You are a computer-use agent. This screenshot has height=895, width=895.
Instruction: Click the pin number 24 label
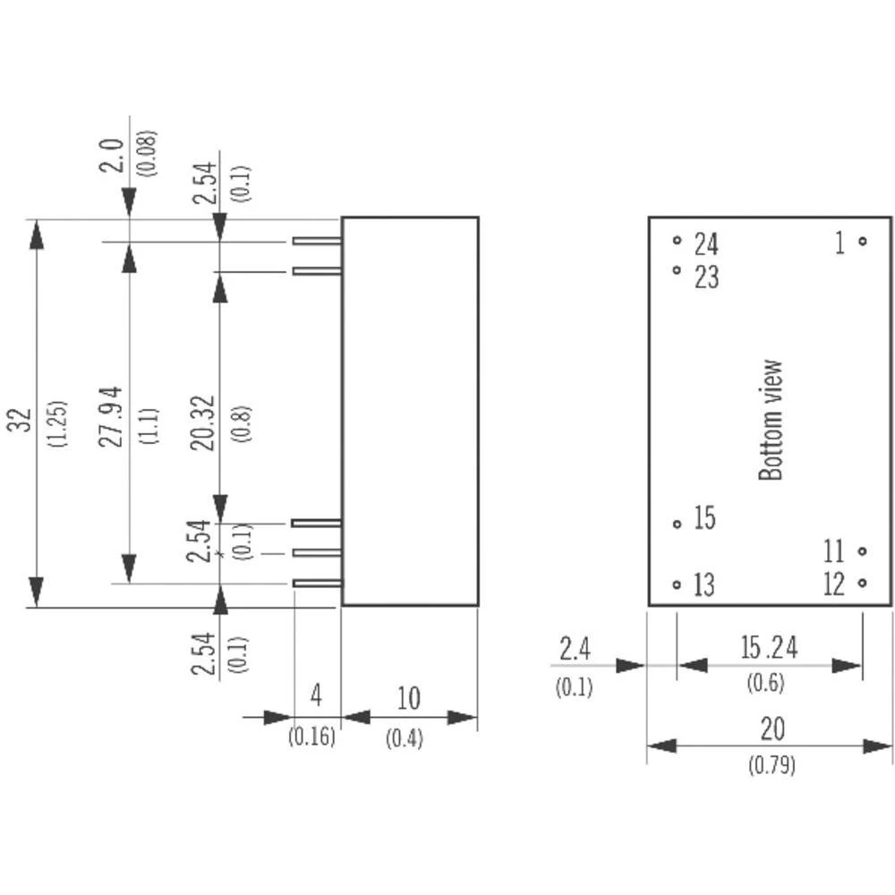point(706,243)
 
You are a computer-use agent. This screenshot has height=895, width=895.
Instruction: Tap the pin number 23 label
point(706,277)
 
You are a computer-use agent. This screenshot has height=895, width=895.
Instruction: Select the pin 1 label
point(840,242)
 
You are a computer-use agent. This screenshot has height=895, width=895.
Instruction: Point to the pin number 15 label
point(705,518)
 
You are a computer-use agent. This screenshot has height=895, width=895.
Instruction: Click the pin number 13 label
point(704,585)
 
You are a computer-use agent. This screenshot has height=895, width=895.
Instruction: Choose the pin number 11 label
point(834,550)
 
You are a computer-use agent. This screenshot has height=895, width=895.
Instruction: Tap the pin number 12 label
point(834,584)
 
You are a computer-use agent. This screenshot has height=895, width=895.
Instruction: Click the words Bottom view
point(771,420)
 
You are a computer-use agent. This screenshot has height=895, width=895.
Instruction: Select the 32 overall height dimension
point(23,421)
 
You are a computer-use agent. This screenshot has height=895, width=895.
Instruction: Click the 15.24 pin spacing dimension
point(768,647)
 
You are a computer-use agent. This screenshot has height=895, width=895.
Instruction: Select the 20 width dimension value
point(771,729)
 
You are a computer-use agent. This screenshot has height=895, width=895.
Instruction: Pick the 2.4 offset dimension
point(574,649)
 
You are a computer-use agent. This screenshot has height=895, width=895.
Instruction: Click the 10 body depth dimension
point(408,699)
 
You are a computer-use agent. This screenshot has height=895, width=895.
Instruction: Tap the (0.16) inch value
point(311,737)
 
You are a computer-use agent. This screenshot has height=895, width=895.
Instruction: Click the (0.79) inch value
point(771,766)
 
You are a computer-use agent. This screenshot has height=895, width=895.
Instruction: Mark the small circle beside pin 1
point(862,241)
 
